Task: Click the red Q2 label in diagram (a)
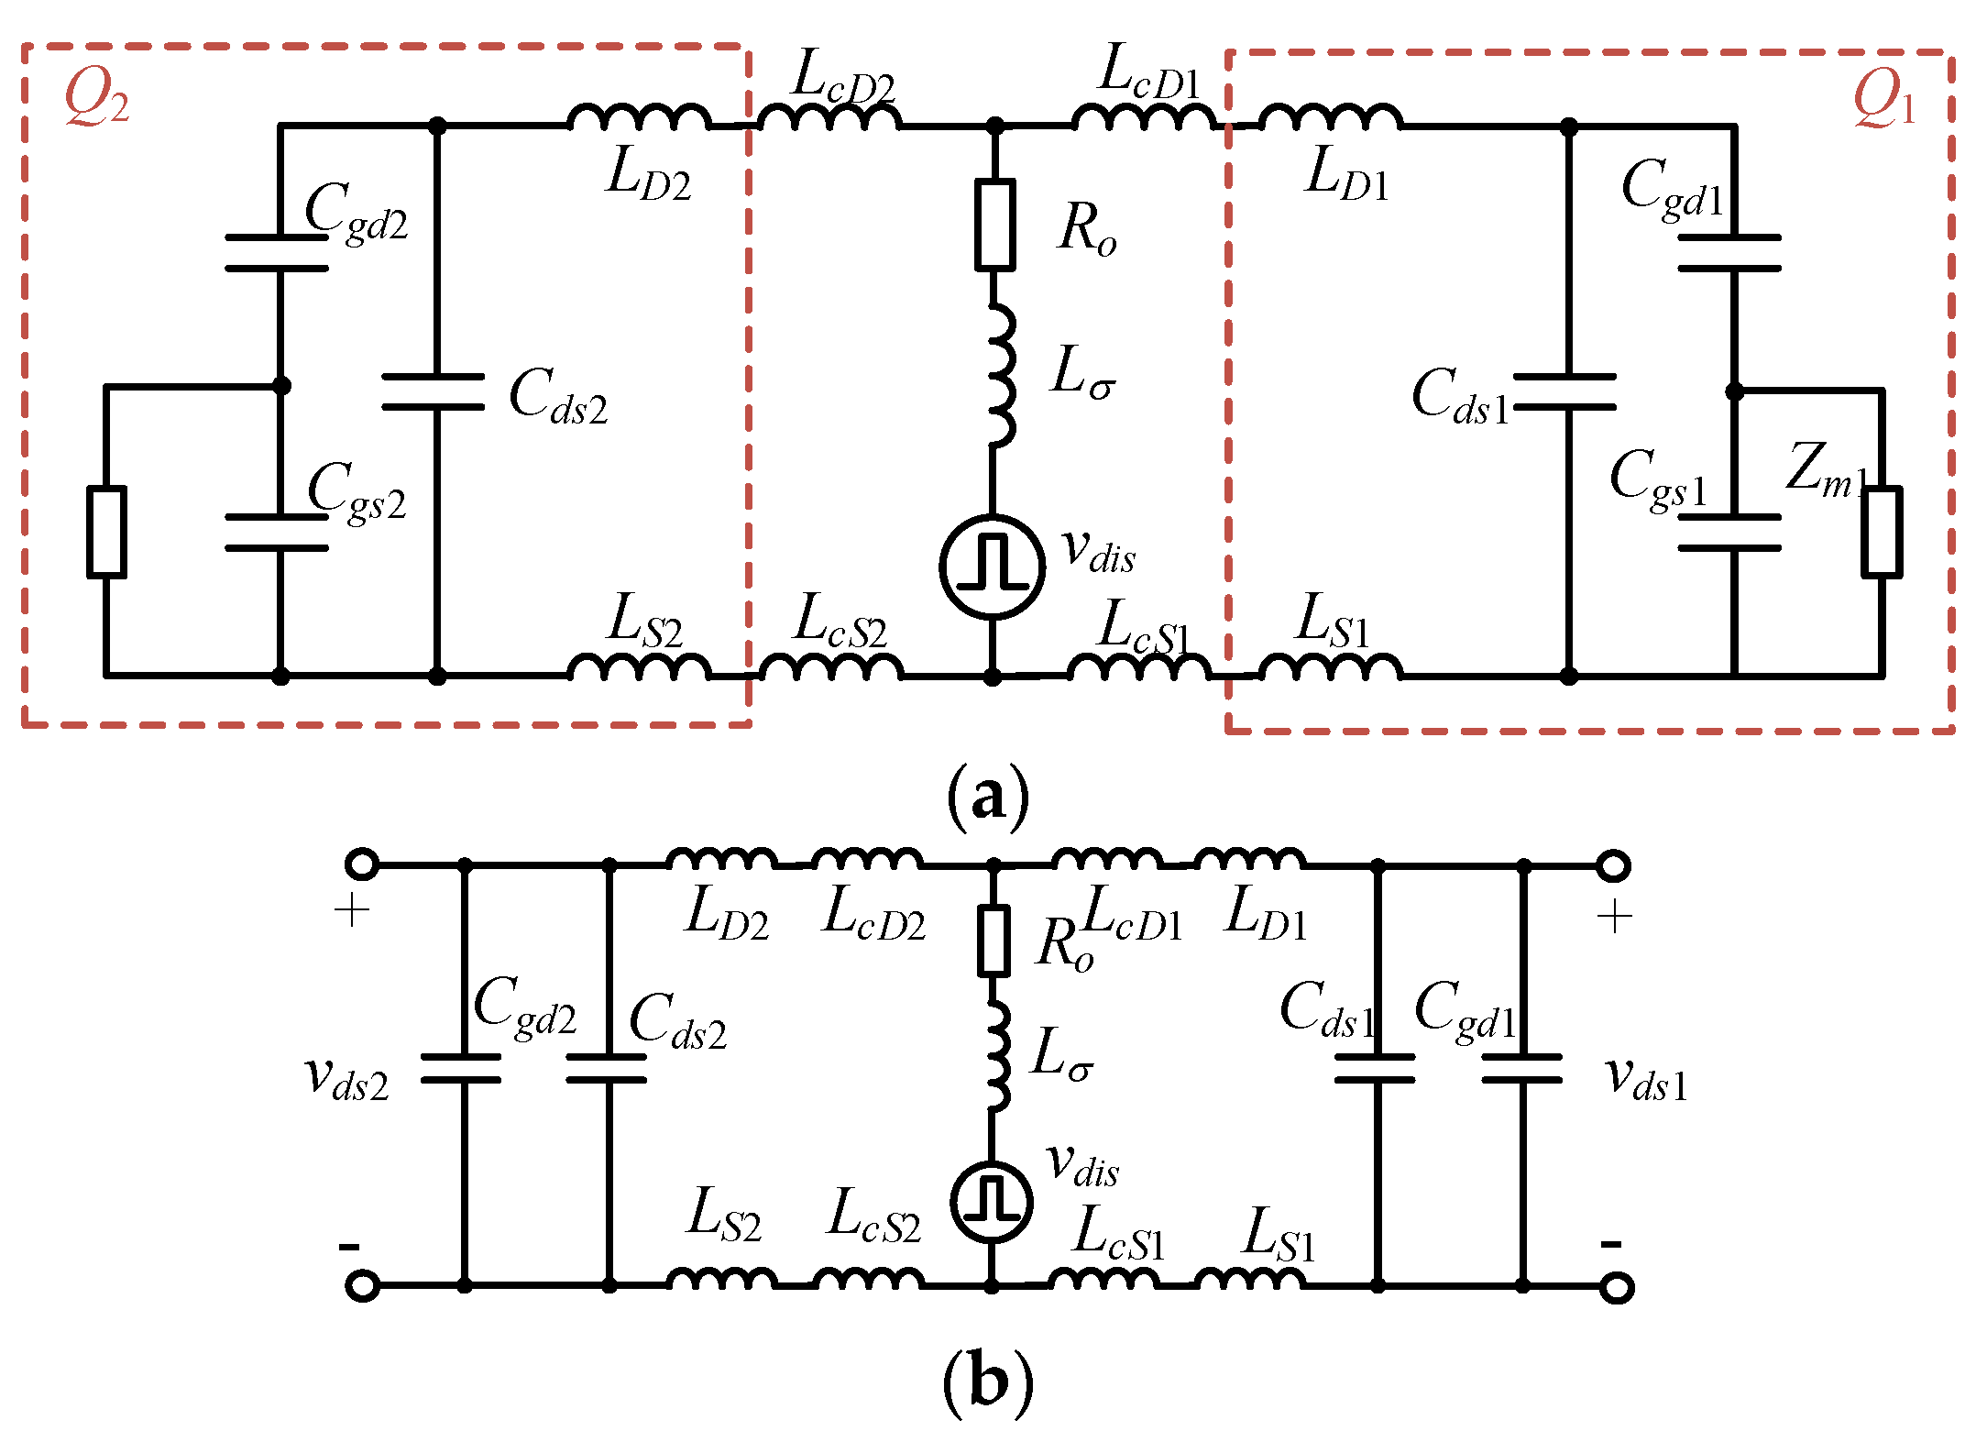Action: pyautogui.click(x=96, y=98)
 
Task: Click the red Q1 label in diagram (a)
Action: pyautogui.click(x=1883, y=100)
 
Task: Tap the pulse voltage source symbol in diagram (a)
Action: pyautogui.click(x=992, y=567)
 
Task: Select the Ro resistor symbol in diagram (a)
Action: pyautogui.click(x=993, y=226)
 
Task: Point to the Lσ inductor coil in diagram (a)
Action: pyautogui.click(x=1001, y=376)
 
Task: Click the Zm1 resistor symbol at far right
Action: pyautogui.click(x=1881, y=533)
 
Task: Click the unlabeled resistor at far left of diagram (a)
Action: pyautogui.click(x=106, y=533)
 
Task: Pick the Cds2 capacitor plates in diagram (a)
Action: pyautogui.click(x=434, y=391)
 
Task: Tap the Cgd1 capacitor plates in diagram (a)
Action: pyautogui.click(x=1729, y=253)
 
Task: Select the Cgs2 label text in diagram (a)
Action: pyautogui.click(x=356, y=492)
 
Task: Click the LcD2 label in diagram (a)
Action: pyautogui.click(x=843, y=76)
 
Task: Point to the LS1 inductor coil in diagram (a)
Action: pyautogui.click(x=1330, y=667)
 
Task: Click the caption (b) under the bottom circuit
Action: pyautogui.click(x=988, y=1381)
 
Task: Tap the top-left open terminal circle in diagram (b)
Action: pyautogui.click(x=362, y=864)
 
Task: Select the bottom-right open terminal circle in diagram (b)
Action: pyautogui.click(x=1617, y=1287)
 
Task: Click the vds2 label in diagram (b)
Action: pyautogui.click(x=346, y=1078)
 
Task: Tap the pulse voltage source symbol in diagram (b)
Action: pyautogui.click(x=992, y=1201)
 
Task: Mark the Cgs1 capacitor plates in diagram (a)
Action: pyautogui.click(x=1729, y=533)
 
